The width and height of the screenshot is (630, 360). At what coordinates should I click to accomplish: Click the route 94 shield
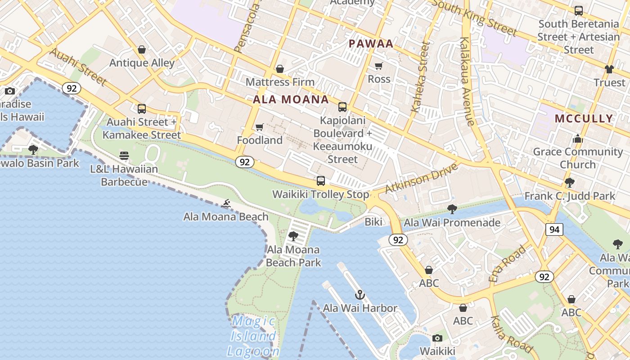tap(554, 229)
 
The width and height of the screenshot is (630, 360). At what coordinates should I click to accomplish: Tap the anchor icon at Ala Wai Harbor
tap(360, 295)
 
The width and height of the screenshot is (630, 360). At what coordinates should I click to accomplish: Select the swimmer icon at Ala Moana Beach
tap(226, 204)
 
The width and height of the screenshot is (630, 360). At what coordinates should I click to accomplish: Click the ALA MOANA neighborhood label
tap(291, 99)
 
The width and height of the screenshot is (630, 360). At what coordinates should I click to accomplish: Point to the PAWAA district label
tap(371, 44)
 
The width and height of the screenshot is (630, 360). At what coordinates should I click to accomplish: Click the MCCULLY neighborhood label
tap(584, 118)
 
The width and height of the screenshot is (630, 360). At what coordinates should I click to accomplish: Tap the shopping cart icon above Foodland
tap(259, 127)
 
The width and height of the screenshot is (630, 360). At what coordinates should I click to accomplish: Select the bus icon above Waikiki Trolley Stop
tap(320, 181)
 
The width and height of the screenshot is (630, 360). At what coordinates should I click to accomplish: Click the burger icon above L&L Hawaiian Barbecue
tap(124, 156)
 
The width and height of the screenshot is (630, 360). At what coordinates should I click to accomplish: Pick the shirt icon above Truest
tap(609, 69)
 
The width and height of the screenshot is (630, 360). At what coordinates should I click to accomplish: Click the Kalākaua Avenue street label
tap(466, 81)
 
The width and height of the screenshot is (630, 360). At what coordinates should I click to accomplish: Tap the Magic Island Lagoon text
tap(253, 336)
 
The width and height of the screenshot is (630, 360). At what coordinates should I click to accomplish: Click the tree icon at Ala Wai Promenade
tap(452, 209)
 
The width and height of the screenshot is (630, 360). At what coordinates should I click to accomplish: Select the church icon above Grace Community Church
tap(578, 139)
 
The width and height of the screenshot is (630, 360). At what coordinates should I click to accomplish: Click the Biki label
tap(373, 222)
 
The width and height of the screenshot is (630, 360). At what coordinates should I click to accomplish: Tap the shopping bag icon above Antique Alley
tap(142, 49)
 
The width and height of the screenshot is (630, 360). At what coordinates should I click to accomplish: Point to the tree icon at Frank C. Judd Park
tap(569, 183)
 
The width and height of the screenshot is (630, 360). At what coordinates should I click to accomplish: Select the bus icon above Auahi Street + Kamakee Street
tap(142, 109)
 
